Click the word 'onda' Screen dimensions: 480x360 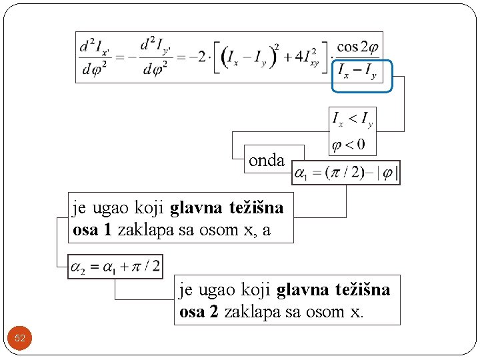(267, 161)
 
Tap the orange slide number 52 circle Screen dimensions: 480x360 (20, 339)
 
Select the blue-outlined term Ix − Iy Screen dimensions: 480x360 (357, 71)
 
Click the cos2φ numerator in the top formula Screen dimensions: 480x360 (357, 47)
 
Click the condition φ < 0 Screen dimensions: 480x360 (349, 143)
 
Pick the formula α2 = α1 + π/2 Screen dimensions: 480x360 (115, 267)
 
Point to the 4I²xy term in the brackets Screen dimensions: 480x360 (306, 58)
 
